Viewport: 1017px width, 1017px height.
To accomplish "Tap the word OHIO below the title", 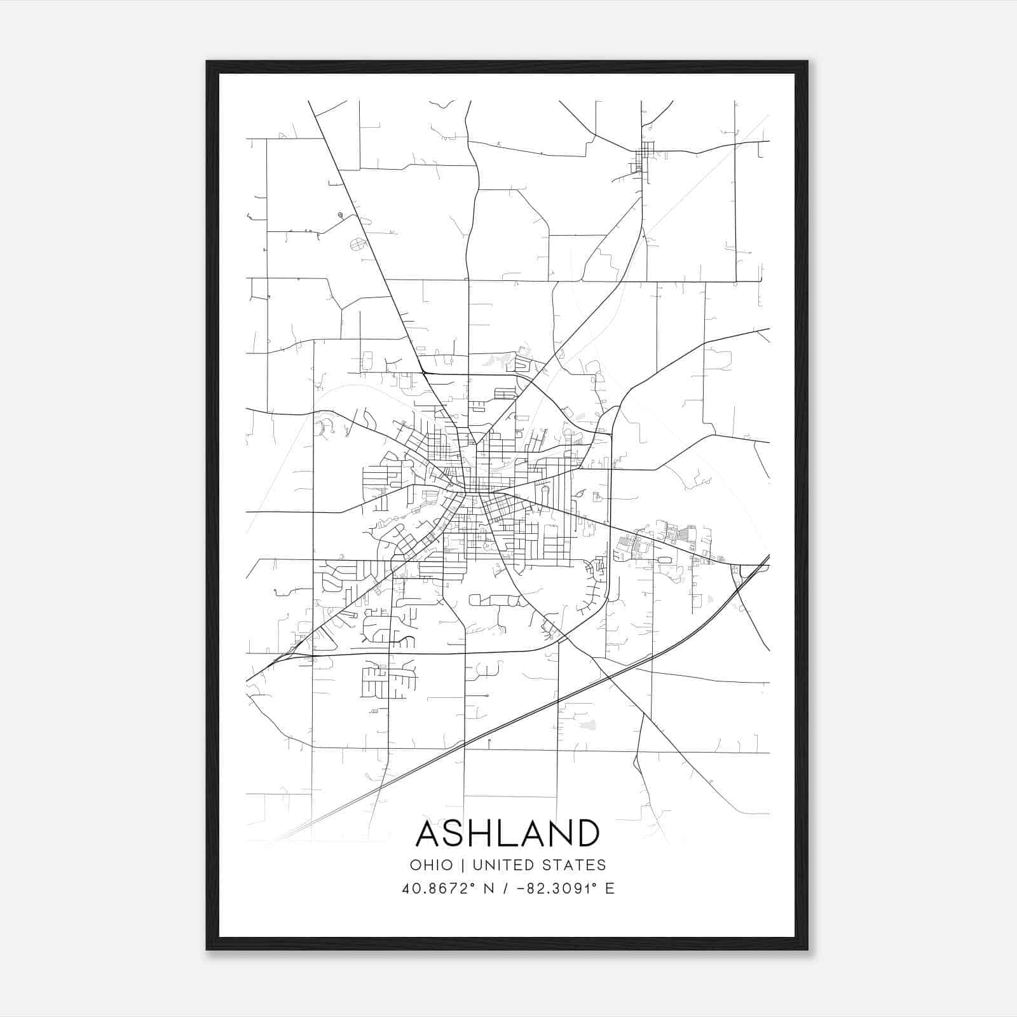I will click(x=432, y=865).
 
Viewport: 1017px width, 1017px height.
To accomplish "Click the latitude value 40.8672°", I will click(x=439, y=889).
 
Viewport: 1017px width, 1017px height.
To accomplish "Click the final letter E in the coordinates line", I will click(x=610, y=889).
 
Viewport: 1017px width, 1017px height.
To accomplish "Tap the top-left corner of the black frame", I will click(x=207, y=62).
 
